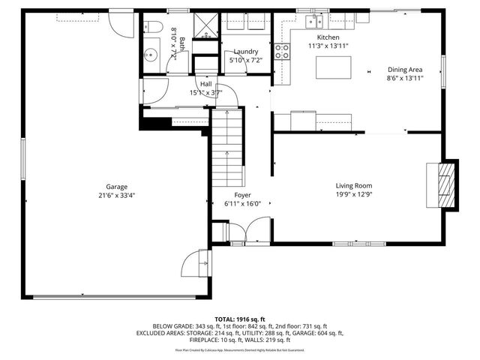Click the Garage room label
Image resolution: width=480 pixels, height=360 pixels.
[x=115, y=187]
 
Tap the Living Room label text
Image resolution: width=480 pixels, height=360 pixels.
[x=353, y=186]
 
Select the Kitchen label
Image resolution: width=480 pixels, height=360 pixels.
[x=328, y=37]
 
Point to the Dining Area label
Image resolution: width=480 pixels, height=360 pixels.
[x=405, y=69]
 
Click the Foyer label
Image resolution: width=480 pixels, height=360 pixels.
[x=242, y=194]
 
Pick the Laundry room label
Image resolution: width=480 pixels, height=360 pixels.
[x=245, y=51]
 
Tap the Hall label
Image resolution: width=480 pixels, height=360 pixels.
[x=205, y=84]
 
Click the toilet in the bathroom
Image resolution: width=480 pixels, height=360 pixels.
[x=154, y=27]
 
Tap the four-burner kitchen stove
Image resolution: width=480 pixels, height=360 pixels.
[x=283, y=52]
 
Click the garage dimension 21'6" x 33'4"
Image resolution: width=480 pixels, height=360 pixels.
[x=115, y=196]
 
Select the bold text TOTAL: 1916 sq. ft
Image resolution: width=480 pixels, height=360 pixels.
[x=240, y=319]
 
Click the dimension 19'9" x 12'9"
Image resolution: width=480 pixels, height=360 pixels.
[x=353, y=195]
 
